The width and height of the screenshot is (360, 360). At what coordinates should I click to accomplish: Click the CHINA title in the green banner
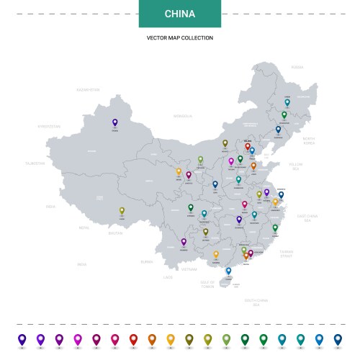[179, 14]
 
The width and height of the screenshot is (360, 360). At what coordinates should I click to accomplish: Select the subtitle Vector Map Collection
[179, 37]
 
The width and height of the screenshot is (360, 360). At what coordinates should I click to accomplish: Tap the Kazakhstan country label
[88, 90]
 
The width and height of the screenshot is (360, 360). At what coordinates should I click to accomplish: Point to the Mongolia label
[183, 116]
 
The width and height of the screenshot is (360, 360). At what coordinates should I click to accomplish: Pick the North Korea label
[309, 140]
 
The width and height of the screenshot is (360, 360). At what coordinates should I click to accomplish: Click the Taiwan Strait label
[286, 254]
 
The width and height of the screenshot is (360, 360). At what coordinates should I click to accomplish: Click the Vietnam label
[189, 269]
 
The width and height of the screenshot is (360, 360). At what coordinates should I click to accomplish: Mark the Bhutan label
[115, 233]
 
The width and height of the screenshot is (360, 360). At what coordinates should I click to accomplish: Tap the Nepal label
[84, 228]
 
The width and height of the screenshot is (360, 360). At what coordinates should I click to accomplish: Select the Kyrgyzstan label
[50, 126]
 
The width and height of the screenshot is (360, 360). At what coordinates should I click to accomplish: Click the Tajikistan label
[35, 163]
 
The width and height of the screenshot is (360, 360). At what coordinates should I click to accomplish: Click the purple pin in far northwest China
[114, 123]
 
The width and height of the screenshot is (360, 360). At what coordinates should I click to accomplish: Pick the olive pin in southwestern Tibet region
[122, 211]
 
